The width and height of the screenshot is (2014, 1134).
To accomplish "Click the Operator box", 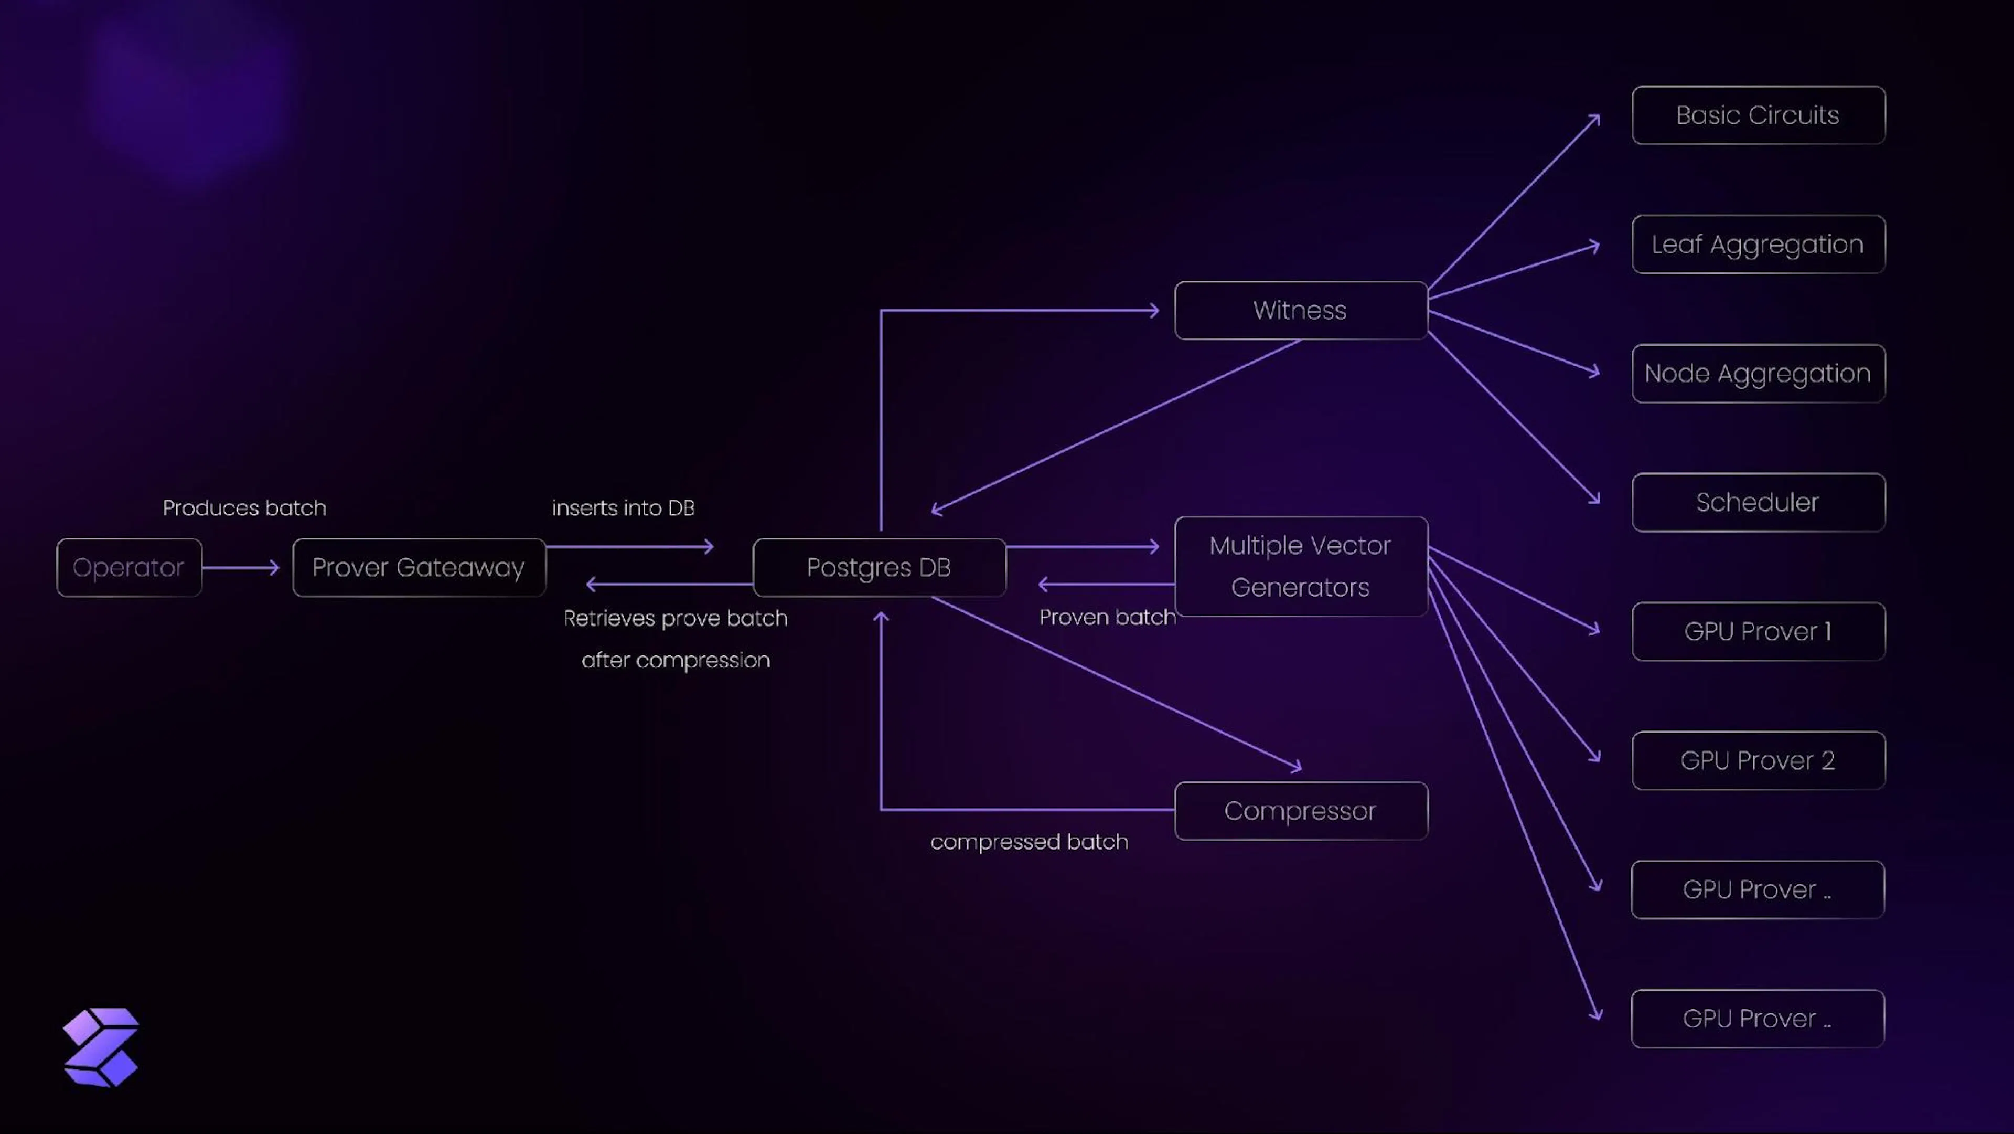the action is [129, 567].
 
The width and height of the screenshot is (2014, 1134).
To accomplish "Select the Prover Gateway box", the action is [419, 567].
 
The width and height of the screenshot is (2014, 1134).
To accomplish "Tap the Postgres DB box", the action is [879, 567].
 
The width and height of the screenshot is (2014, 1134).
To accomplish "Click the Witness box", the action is [1301, 311].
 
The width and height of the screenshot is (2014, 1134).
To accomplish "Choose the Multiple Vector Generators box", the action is [1301, 566].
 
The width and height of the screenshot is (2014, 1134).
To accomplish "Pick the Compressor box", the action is [1301, 811].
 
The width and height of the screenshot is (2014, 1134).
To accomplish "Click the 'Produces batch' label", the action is [244, 507].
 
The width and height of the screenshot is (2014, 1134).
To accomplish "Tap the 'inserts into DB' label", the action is [623, 507].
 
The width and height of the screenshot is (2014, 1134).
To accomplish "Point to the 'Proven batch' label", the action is [1107, 617].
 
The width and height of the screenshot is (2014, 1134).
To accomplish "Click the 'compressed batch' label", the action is [1029, 842].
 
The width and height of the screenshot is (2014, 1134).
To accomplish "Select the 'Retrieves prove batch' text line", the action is [676, 618].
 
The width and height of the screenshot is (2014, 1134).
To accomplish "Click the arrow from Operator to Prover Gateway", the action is [241, 567].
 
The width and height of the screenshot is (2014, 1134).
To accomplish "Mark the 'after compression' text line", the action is [676, 660].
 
